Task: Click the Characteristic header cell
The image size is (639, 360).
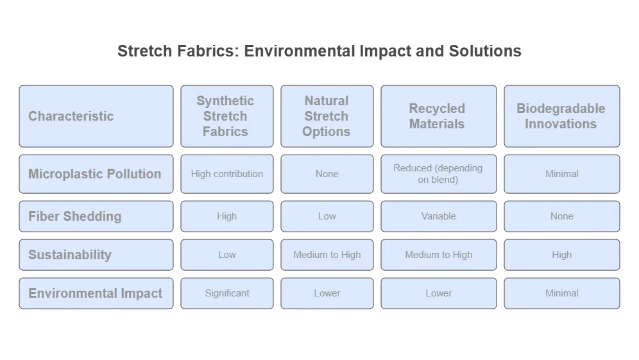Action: click(96, 116)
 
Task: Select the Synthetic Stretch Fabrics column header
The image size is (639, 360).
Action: click(226, 116)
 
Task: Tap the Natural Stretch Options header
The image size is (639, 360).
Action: click(327, 116)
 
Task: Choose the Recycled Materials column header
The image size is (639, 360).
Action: click(438, 116)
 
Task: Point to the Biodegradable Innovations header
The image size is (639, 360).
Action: click(561, 116)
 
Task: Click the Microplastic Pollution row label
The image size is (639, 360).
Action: click(96, 174)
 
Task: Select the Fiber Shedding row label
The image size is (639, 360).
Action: click(96, 216)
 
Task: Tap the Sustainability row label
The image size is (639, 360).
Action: click(96, 255)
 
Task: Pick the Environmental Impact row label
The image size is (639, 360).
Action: click(96, 293)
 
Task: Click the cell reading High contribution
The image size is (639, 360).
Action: click(226, 174)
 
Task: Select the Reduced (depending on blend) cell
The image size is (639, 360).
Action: click(438, 174)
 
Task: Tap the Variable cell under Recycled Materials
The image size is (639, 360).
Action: click(438, 216)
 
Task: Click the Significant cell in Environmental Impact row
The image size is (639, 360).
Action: click(226, 293)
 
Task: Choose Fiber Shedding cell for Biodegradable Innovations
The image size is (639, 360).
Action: click(561, 216)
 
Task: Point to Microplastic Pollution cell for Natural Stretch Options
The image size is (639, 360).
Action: click(327, 174)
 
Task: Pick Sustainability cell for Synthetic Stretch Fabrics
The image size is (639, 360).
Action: click(226, 255)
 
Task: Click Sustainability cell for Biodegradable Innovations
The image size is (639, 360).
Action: click(561, 255)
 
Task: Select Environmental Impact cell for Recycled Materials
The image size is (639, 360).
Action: click(438, 293)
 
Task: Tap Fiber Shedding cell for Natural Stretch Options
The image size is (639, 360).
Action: click(327, 216)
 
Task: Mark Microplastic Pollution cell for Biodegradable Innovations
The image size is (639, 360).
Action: click(561, 174)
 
